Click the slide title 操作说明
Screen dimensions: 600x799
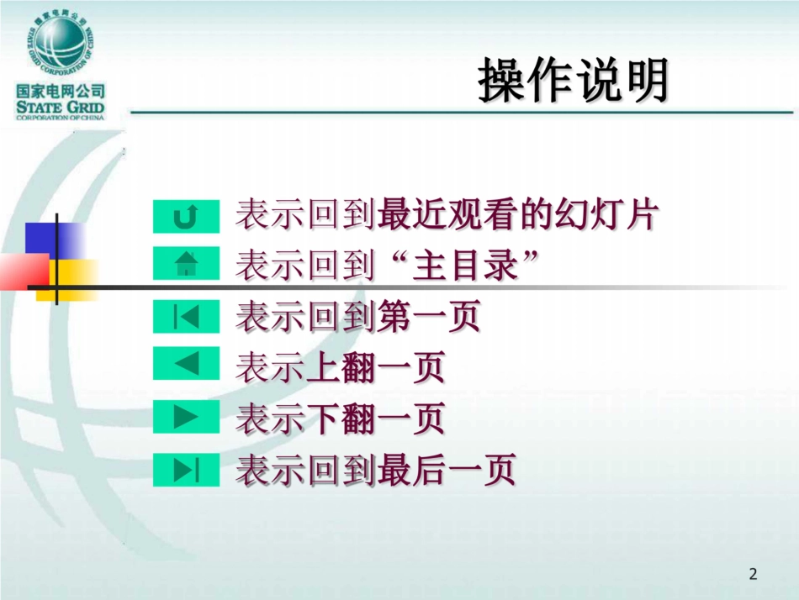(574, 82)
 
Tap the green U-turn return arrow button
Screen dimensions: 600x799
(186, 217)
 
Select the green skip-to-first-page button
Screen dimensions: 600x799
(186, 317)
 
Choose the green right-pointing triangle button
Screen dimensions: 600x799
(186, 418)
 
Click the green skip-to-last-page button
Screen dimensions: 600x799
(186, 470)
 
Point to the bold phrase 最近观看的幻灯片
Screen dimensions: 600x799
(517, 215)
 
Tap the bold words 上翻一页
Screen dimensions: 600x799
(375, 368)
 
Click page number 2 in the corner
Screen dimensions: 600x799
(753, 575)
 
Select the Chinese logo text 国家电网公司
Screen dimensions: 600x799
(60, 91)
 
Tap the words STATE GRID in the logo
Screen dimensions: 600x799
(60, 107)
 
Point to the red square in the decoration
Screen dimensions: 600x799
(24, 271)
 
